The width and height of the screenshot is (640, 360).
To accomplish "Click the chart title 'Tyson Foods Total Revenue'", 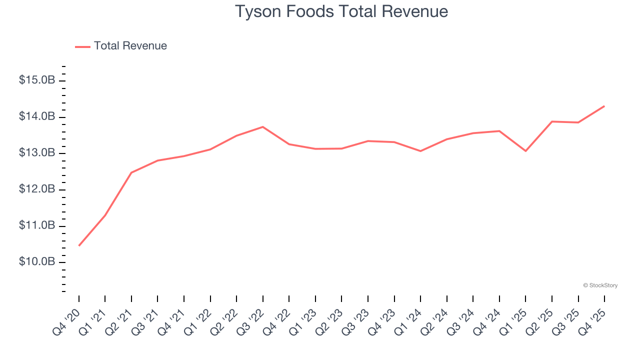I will (341, 11).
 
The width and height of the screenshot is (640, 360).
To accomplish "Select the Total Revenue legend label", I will (130, 46).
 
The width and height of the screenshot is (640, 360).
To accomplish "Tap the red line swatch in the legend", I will (82, 46).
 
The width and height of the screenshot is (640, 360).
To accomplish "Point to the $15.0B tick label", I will (37, 80).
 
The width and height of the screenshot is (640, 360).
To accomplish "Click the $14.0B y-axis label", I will (37, 117).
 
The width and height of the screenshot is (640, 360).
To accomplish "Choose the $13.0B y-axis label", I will (37, 153).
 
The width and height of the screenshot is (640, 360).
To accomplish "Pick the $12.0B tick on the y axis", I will (37, 189).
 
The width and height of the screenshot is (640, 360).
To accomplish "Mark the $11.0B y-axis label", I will (37, 226).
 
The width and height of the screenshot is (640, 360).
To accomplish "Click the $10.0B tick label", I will (37, 262).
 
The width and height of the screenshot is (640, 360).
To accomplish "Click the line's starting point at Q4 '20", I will (79, 245).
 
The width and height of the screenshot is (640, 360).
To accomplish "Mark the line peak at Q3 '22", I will (263, 127).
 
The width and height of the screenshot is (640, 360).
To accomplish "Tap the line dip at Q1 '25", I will (525, 151).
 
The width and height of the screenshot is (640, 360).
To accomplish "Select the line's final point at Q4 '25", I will (604, 106).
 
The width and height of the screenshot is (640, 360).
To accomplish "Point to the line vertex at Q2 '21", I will (131, 172).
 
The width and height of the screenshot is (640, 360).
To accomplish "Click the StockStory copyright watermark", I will (600, 285).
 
